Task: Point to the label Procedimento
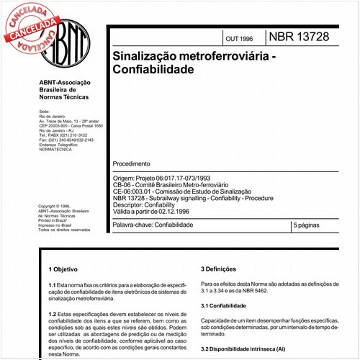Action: [132, 163]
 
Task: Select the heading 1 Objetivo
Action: [64, 269]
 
